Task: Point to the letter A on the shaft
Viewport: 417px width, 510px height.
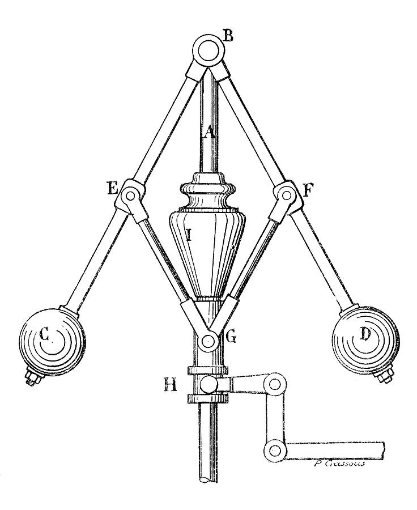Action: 208,134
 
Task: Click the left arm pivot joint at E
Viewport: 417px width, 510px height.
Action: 131,195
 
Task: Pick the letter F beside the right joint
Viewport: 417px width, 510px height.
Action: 308,190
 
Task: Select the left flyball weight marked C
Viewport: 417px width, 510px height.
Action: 49,339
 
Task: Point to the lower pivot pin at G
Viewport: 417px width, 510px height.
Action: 208,341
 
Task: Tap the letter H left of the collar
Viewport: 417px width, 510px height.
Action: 171,386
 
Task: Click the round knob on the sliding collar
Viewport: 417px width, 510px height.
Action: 208,385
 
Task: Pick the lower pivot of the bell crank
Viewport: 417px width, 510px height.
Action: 275,450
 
